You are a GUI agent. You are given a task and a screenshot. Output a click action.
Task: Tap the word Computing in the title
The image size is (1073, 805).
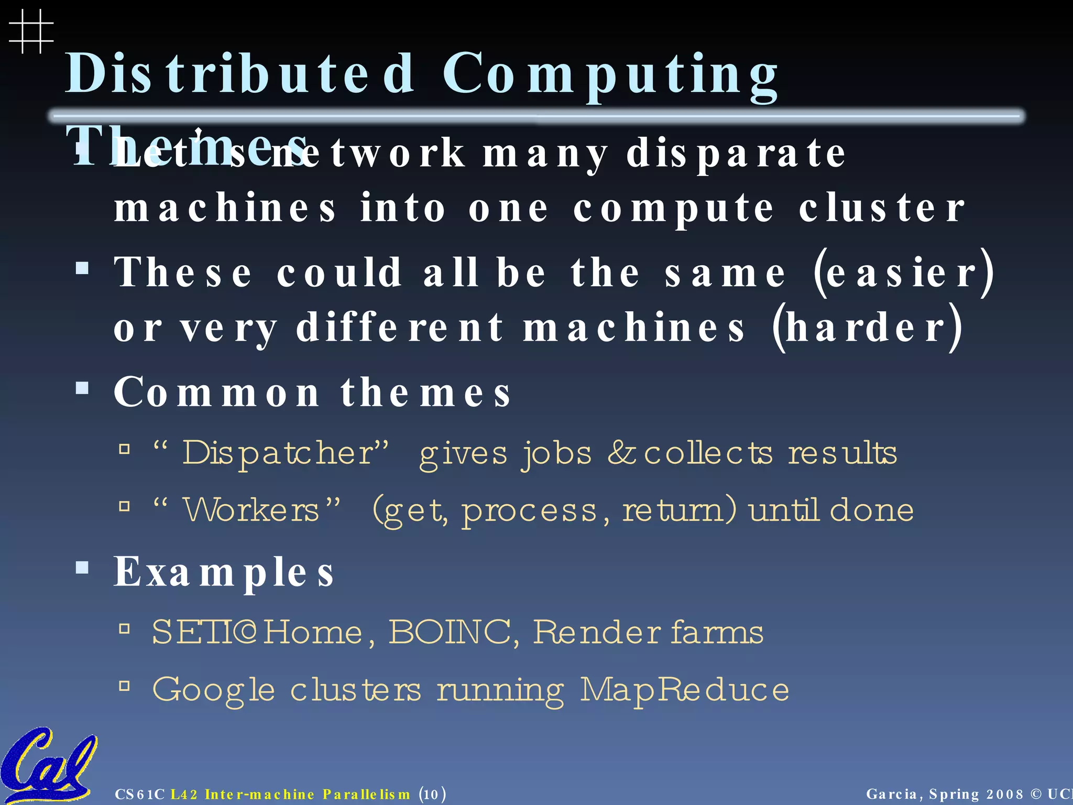(610, 75)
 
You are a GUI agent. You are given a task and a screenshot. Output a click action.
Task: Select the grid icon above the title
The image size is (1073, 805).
(31, 31)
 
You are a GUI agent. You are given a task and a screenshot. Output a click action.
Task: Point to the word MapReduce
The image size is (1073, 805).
(684, 689)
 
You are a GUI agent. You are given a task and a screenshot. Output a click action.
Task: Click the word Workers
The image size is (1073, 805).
(251, 509)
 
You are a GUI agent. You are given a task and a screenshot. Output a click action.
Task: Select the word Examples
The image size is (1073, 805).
(224, 571)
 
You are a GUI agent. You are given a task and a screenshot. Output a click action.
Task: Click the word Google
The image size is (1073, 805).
(213, 690)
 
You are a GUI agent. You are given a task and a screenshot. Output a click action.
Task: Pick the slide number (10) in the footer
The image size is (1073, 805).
(432, 795)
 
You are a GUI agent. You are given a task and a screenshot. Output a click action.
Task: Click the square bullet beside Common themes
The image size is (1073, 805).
(82, 388)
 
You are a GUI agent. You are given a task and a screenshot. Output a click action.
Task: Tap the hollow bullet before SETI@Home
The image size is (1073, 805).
(124, 628)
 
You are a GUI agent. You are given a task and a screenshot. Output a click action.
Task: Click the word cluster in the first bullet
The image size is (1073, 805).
(882, 208)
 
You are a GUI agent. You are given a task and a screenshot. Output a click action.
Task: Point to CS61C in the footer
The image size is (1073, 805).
(140, 795)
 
